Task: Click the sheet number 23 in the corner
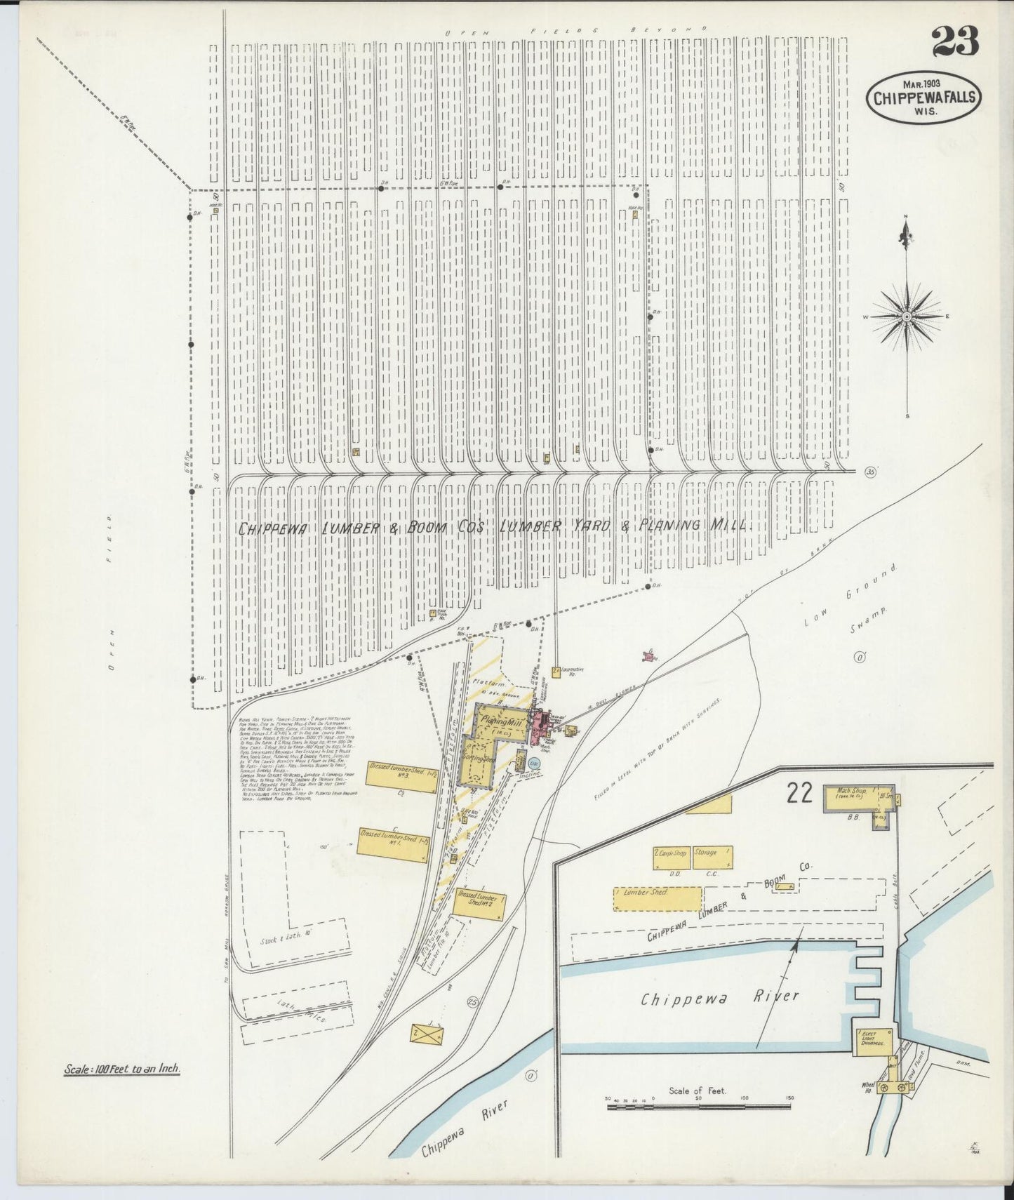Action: tap(955, 43)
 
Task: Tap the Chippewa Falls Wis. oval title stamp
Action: tap(924, 98)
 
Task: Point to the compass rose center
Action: tap(907, 316)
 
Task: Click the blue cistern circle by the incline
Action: tap(534, 763)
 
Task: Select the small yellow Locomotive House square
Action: tap(556, 672)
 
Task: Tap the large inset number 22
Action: tap(799, 792)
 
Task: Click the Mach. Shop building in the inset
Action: tap(851, 792)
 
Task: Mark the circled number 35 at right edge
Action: tap(871, 472)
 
